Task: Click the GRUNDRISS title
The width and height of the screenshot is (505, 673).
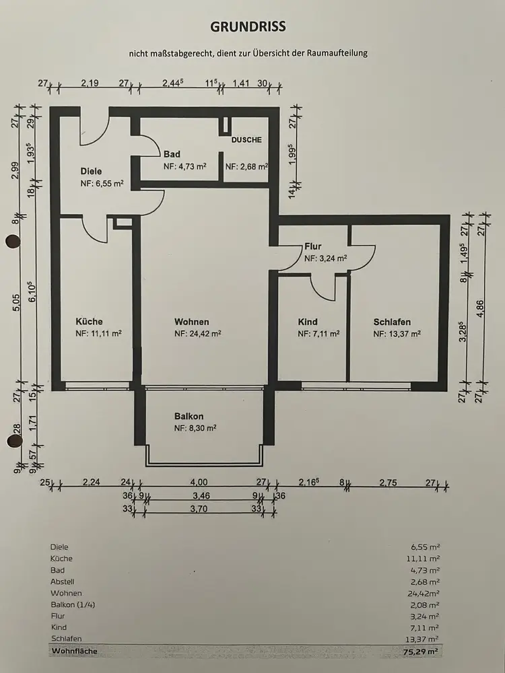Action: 248,27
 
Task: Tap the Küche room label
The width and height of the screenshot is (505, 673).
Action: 89,322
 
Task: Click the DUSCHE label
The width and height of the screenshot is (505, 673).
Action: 246,140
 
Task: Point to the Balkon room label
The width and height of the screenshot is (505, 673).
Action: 189,416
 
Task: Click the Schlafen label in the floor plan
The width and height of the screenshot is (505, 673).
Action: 392,322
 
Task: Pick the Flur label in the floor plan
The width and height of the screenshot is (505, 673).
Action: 312,246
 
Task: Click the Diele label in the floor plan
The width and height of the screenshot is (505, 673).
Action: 91,171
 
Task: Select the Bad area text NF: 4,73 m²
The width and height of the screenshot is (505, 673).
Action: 184,166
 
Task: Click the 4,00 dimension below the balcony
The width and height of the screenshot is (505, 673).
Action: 199,482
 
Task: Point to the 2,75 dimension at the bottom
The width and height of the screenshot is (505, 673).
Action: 388,483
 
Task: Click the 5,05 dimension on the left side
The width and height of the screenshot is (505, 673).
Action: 16,303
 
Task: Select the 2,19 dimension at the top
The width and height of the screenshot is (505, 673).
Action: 90,83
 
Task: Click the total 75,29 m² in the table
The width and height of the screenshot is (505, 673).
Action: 421,651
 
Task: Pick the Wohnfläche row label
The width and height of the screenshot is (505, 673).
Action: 74,651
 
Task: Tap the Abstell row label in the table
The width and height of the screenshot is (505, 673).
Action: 63,581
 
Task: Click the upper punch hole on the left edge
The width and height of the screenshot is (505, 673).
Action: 13,242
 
